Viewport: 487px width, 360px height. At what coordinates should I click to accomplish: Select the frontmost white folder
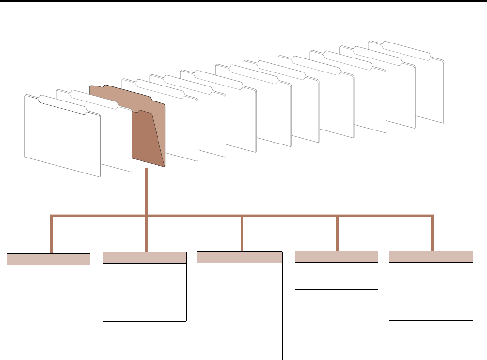click(x=62, y=138)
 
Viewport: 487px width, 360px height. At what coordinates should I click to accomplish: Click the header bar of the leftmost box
click(x=48, y=259)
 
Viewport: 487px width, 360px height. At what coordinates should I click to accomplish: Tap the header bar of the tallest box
click(x=240, y=257)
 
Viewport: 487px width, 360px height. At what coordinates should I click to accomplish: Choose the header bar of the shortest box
click(x=336, y=257)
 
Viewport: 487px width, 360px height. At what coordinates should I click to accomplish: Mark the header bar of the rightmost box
click(x=431, y=257)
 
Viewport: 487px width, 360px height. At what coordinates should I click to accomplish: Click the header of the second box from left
click(x=145, y=258)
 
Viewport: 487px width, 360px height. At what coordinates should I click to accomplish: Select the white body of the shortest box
click(x=336, y=276)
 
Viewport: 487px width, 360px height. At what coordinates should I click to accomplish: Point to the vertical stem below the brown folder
click(x=146, y=191)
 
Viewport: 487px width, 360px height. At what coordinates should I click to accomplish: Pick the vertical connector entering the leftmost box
click(x=51, y=234)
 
